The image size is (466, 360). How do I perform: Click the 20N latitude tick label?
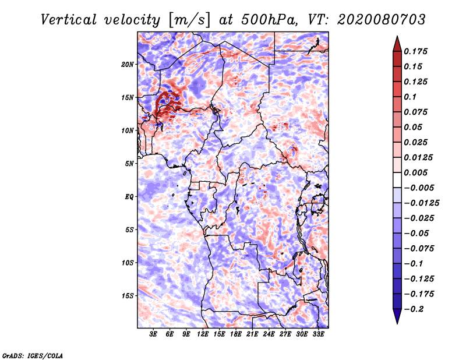tap(128, 64)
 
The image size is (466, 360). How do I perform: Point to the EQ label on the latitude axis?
tap(129, 196)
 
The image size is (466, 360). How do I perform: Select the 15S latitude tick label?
tap(128, 295)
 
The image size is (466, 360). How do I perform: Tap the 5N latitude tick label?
tap(129, 164)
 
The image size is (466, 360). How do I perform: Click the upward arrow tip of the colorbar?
tap(396, 38)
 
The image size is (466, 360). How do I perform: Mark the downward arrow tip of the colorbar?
tap(396, 322)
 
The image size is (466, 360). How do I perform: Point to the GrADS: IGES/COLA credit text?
tap(32, 355)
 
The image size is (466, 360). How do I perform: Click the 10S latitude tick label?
tap(128, 263)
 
